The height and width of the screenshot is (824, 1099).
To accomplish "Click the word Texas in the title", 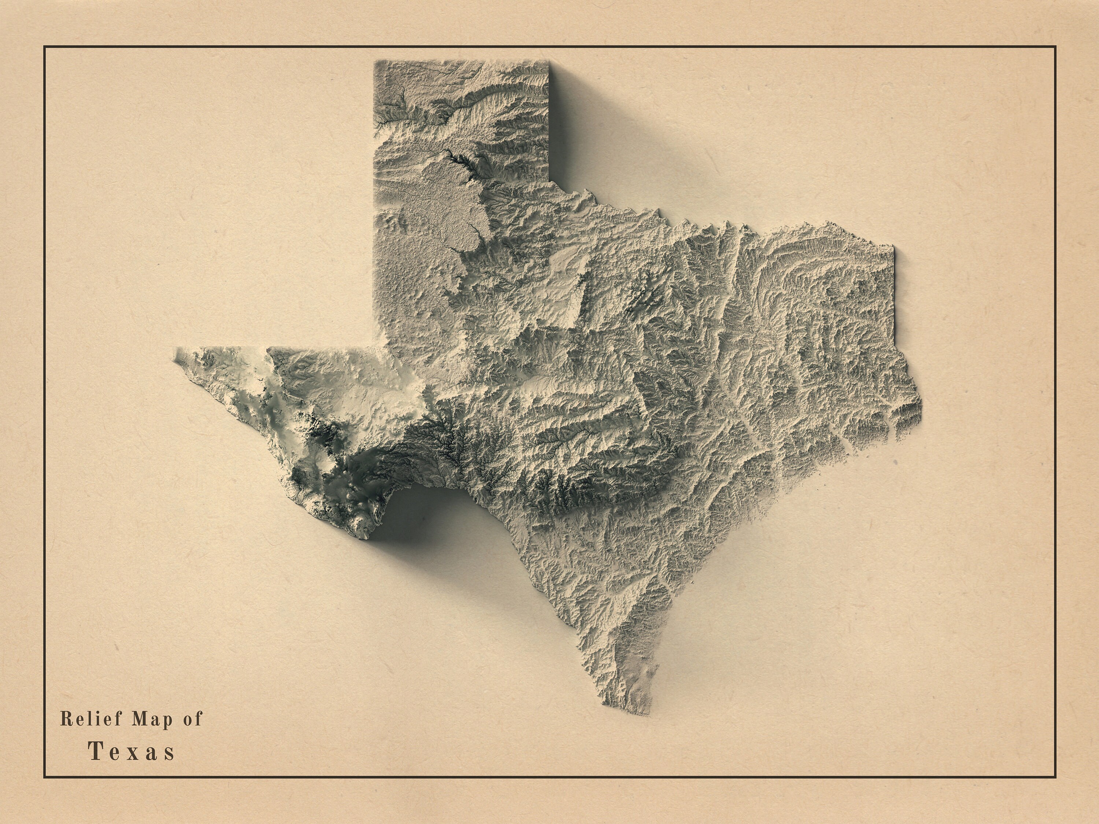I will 132,751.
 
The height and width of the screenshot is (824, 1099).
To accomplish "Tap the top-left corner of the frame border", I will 45,47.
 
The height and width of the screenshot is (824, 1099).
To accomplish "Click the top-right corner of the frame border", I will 1055,47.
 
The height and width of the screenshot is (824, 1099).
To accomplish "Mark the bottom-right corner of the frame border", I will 1055,777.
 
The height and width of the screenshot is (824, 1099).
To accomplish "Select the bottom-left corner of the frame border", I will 45,777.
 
